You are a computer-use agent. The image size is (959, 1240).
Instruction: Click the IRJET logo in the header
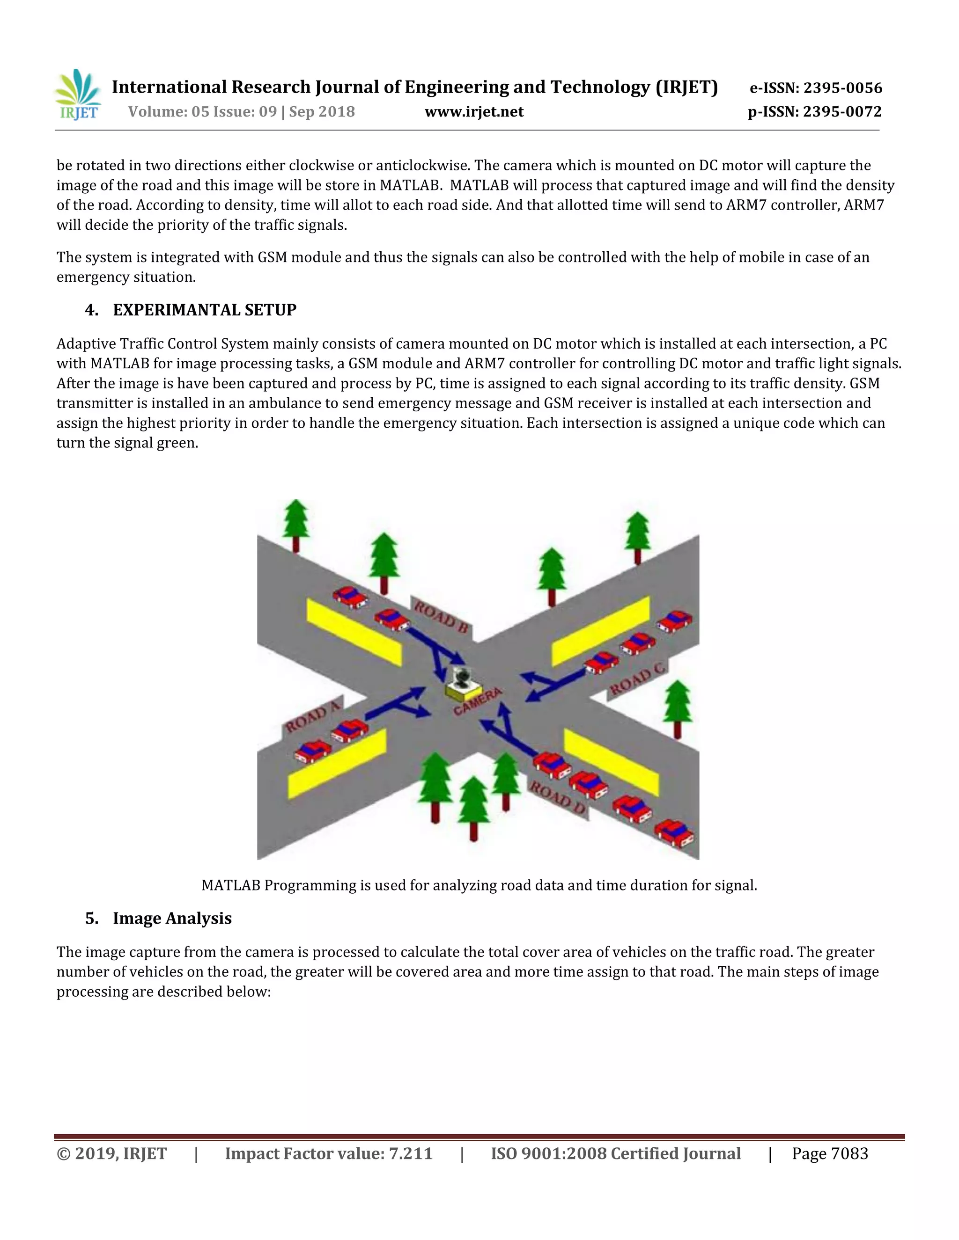[x=78, y=95]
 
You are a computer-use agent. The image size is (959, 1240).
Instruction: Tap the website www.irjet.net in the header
[x=474, y=112]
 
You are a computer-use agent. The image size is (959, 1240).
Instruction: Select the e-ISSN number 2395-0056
[x=842, y=88]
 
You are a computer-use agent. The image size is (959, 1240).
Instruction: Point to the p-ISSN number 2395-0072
[x=842, y=112]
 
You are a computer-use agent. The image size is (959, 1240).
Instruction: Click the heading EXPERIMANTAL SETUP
[x=205, y=310]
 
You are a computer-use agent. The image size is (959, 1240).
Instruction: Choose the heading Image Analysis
[x=172, y=918]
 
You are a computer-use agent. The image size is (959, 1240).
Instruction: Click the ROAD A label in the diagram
[x=312, y=715]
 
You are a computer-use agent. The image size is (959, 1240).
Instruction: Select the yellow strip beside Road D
[x=611, y=761]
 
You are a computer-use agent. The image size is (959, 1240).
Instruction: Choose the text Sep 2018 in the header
[x=322, y=112]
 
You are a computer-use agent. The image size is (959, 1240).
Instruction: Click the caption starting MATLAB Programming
[x=479, y=885]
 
